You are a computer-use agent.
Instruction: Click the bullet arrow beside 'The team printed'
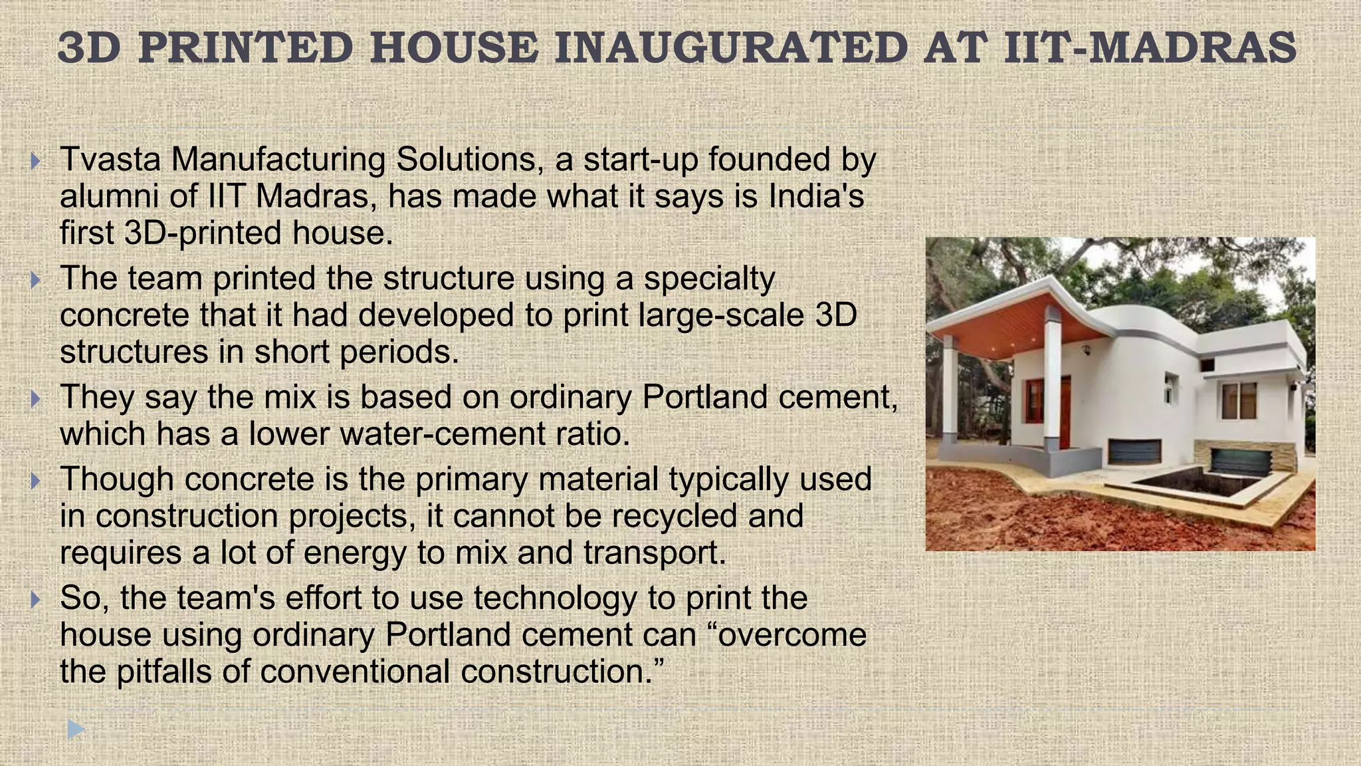pyautogui.click(x=36, y=280)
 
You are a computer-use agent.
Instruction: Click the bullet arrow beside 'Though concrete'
pyautogui.click(x=36, y=481)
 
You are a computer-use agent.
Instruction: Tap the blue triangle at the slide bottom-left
pyautogui.click(x=76, y=729)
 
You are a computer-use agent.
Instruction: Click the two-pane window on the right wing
pyautogui.click(x=1239, y=400)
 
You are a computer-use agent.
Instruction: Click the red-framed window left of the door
pyautogui.click(x=1034, y=401)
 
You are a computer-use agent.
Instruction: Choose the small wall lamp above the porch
pyautogui.click(x=1087, y=348)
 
